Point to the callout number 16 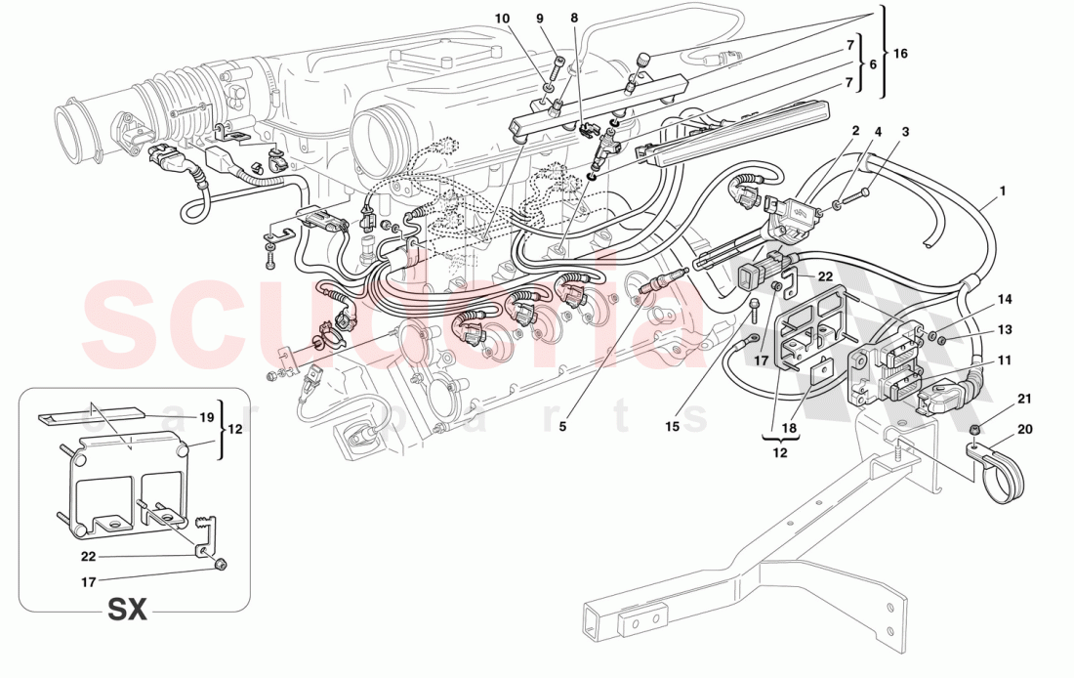pyautogui.click(x=900, y=54)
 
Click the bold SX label pyautogui.click(x=126, y=611)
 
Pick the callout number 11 pyautogui.click(x=1004, y=360)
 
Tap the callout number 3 pyautogui.click(x=904, y=131)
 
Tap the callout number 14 pyautogui.click(x=1004, y=299)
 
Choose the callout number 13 pyautogui.click(x=1004, y=329)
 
